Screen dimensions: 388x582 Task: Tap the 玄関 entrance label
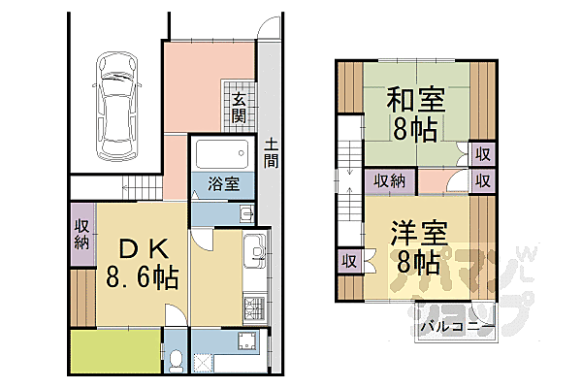tap(239, 109)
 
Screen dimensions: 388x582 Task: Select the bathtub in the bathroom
tap(223, 154)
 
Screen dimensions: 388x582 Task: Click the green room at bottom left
tap(114, 351)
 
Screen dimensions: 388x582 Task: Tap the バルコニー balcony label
tap(454, 327)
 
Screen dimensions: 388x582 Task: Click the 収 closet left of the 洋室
tap(348, 260)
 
